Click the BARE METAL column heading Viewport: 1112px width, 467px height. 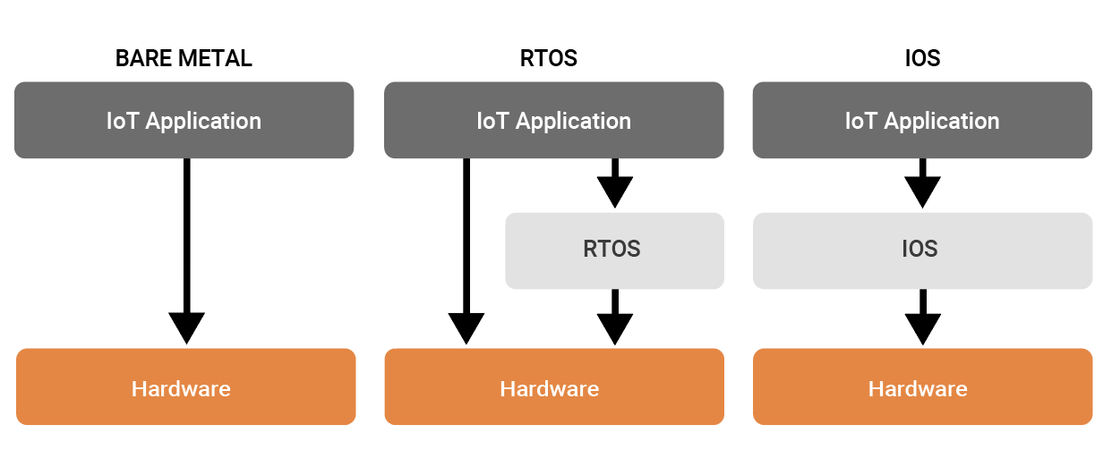tap(184, 59)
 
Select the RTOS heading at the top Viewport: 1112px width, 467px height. tap(548, 59)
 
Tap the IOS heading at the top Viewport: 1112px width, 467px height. tap(922, 59)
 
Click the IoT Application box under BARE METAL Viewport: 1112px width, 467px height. tap(184, 121)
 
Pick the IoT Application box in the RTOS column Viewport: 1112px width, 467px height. tap(553, 121)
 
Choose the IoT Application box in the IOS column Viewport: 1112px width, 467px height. tap(922, 121)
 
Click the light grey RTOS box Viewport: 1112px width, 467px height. tap(613, 250)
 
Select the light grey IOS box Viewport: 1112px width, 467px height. tap(922, 250)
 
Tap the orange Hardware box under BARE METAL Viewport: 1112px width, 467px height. tap(185, 386)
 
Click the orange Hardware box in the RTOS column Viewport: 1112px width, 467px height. tap(553, 386)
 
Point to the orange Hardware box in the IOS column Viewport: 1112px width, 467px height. tap(922, 386)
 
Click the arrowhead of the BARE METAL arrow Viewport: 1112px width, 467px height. tap(186, 327)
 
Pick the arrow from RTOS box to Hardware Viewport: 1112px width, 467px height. tap(614, 317)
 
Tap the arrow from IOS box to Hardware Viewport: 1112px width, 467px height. tap(922, 317)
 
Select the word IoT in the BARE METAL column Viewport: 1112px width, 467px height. tap(122, 121)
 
